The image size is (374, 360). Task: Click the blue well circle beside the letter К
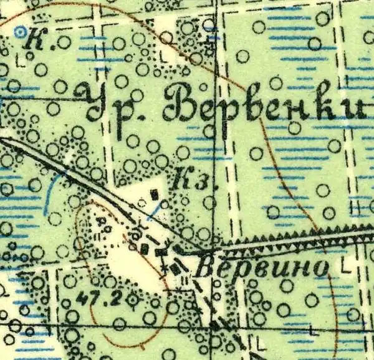click(x=21, y=29)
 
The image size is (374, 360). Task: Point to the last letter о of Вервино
click(x=320, y=270)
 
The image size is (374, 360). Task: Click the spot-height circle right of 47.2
click(x=133, y=301)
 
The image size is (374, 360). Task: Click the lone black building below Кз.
click(x=155, y=195)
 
